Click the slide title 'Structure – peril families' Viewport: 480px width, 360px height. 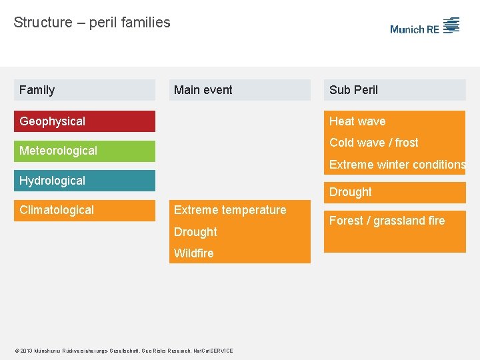92,23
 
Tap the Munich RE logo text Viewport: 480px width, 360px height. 414,29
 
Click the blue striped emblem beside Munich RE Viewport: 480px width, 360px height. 451,25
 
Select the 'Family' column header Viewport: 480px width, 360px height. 37,90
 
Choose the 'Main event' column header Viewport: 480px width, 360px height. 203,90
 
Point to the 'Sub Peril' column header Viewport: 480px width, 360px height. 353,90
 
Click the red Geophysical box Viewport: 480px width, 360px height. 85,121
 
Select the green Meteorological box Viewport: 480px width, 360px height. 85,151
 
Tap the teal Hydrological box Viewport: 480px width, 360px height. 85,181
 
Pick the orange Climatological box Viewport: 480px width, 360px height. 85,210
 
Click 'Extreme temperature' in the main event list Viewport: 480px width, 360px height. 230,210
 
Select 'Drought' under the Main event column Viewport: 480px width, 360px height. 195,232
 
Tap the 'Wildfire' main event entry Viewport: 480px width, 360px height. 194,253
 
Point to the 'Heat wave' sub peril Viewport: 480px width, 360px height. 357,121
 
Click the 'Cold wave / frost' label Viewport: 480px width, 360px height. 374,143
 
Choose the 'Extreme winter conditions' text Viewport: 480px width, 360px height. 397,165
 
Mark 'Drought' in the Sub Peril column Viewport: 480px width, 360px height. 351,192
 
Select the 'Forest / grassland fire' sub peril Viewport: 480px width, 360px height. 387,221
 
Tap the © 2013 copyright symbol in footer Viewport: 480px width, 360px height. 17,351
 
